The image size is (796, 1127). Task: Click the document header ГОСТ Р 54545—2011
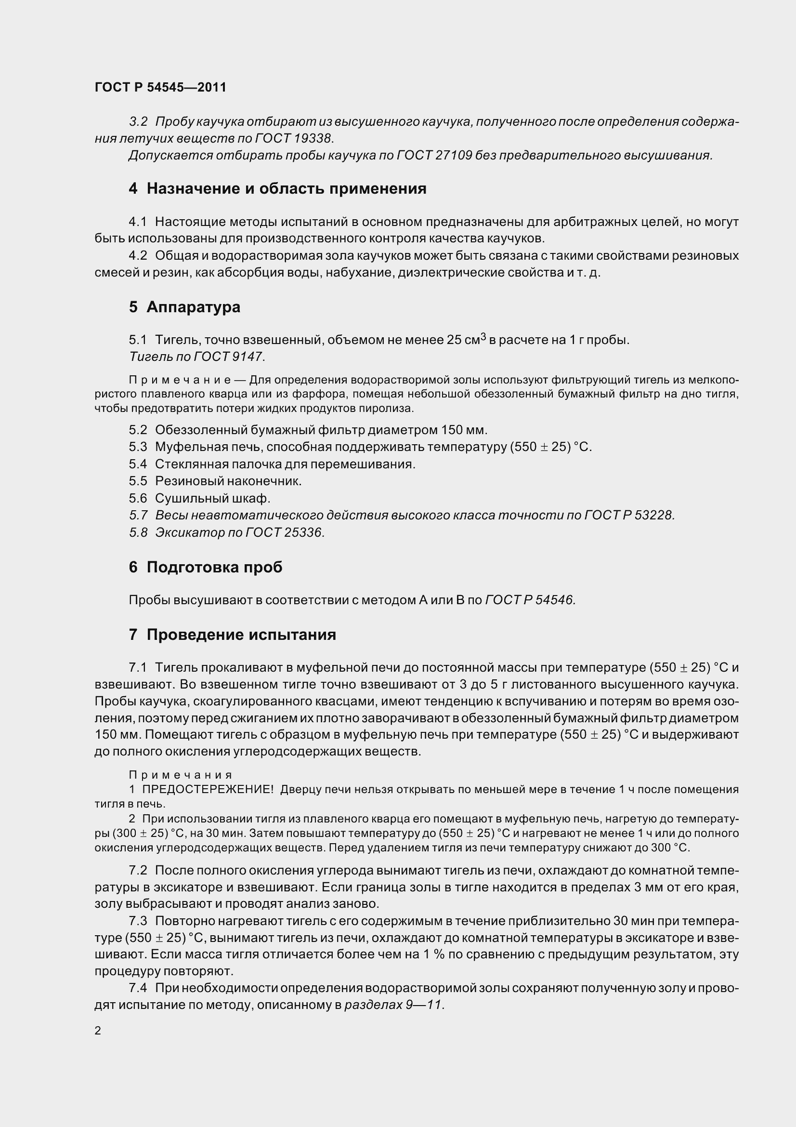[160, 87]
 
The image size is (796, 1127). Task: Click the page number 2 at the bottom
[98, 1031]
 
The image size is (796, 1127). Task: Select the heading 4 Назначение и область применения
[277, 188]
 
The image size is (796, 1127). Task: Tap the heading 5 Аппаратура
[184, 307]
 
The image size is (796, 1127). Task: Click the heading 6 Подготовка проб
[206, 567]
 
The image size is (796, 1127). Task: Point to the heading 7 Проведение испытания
[233, 635]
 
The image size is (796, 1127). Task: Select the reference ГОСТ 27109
[434, 156]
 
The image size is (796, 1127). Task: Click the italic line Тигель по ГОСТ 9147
[196, 357]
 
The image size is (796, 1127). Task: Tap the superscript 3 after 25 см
[483, 336]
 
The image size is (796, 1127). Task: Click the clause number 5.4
[138, 464]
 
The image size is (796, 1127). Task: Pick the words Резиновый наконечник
[228, 481]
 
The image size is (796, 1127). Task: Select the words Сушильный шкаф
[212, 498]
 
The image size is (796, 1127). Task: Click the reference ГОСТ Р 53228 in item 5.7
[629, 516]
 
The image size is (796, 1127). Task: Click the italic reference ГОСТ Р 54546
[530, 600]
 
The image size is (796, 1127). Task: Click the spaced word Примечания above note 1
[180, 775]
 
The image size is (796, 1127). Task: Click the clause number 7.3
[138, 921]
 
